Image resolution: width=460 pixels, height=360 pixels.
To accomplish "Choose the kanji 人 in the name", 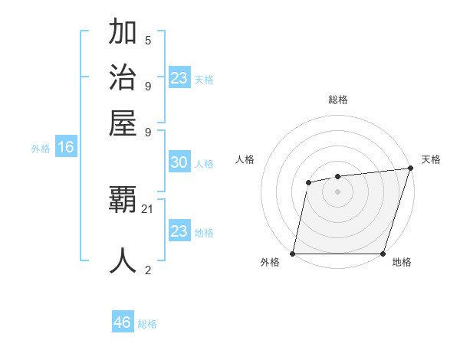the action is pyautogui.click(x=123, y=260).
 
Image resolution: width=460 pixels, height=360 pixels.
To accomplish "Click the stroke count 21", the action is pyautogui.click(x=148, y=209).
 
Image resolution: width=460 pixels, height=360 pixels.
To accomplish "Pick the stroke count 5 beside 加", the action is pyautogui.click(x=148, y=40).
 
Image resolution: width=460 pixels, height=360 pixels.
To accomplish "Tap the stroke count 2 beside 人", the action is pyautogui.click(x=148, y=270).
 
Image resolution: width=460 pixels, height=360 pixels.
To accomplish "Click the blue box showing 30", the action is pyautogui.click(x=179, y=162).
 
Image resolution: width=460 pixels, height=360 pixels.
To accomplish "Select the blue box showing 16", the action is pyautogui.click(x=65, y=148).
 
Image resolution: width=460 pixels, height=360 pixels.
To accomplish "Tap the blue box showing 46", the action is pyautogui.click(x=122, y=322).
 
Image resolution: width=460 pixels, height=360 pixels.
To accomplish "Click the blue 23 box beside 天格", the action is pyautogui.click(x=179, y=78).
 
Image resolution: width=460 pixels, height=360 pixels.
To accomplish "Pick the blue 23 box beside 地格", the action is pyautogui.click(x=179, y=231).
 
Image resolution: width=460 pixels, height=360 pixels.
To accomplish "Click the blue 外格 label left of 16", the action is pyautogui.click(x=41, y=149).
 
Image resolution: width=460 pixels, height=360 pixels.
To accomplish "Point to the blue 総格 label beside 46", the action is pyautogui.click(x=147, y=324).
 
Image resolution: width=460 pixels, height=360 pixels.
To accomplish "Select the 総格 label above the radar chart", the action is pyautogui.click(x=337, y=100).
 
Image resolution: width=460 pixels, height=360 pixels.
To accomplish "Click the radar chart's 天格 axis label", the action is pyautogui.click(x=431, y=159).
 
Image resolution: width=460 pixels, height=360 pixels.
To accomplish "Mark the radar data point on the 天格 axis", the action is pyautogui.click(x=410, y=168).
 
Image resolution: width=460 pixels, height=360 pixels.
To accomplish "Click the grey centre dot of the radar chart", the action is pyautogui.click(x=337, y=191).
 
